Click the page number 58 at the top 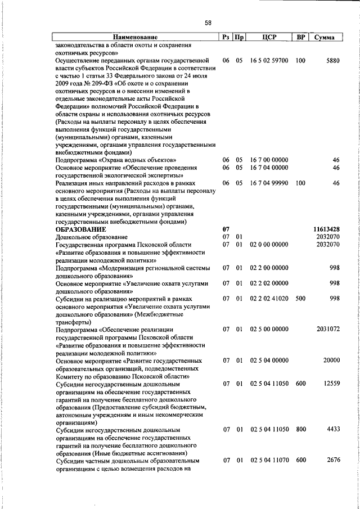click(x=208, y=23)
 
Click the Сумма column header click(x=325, y=38)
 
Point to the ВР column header click(x=301, y=38)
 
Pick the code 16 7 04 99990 click(x=268, y=183)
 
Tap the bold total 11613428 click(x=326, y=229)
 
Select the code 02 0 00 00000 click(x=268, y=245)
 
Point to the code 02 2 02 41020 click(x=268, y=299)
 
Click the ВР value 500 click(x=300, y=299)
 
